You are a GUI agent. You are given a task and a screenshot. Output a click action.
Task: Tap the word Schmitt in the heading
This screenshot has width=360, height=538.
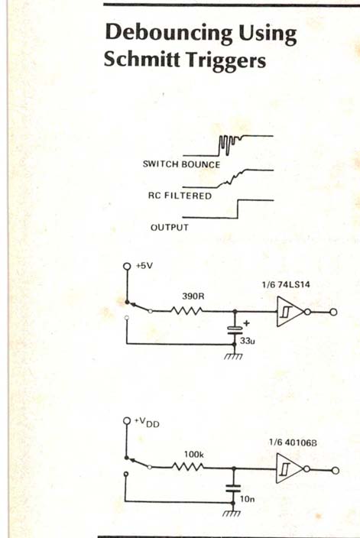point(142,60)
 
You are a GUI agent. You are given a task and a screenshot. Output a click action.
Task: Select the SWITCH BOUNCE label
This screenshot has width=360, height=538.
point(182,164)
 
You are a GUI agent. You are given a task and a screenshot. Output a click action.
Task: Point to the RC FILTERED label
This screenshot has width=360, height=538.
point(180,196)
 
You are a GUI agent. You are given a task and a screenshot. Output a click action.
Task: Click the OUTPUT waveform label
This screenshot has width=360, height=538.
point(170,228)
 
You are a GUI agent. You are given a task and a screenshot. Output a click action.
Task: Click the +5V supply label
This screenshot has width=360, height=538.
point(144,266)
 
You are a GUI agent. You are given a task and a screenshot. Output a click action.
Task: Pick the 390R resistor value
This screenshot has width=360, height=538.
point(193,296)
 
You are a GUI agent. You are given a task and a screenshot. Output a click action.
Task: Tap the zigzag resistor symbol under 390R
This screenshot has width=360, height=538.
point(187,311)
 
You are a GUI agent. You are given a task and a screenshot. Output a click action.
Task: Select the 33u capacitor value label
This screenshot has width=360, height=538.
point(248,342)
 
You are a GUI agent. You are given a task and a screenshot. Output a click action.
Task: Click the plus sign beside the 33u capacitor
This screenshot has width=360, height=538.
point(246,323)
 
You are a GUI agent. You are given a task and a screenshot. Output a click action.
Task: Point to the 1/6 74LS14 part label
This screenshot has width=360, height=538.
point(286,284)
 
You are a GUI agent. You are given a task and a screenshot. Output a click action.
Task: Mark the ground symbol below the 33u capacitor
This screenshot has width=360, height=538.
point(234,356)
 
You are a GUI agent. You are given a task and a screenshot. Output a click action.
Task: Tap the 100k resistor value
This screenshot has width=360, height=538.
point(194,455)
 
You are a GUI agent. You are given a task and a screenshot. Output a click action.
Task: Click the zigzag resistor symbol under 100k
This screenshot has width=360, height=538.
point(188,467)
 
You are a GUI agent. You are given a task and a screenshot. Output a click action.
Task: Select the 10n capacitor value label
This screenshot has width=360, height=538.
point(247,499)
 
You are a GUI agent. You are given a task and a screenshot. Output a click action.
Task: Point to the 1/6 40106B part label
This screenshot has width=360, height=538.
point(293,442)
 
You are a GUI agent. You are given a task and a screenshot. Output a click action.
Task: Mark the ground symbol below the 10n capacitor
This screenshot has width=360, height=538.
point(232,514)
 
